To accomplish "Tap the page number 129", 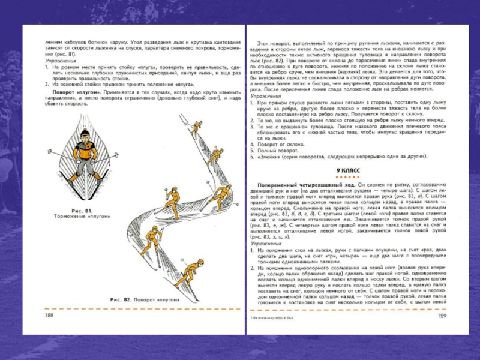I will pyautogui.click(x=443, y=316).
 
